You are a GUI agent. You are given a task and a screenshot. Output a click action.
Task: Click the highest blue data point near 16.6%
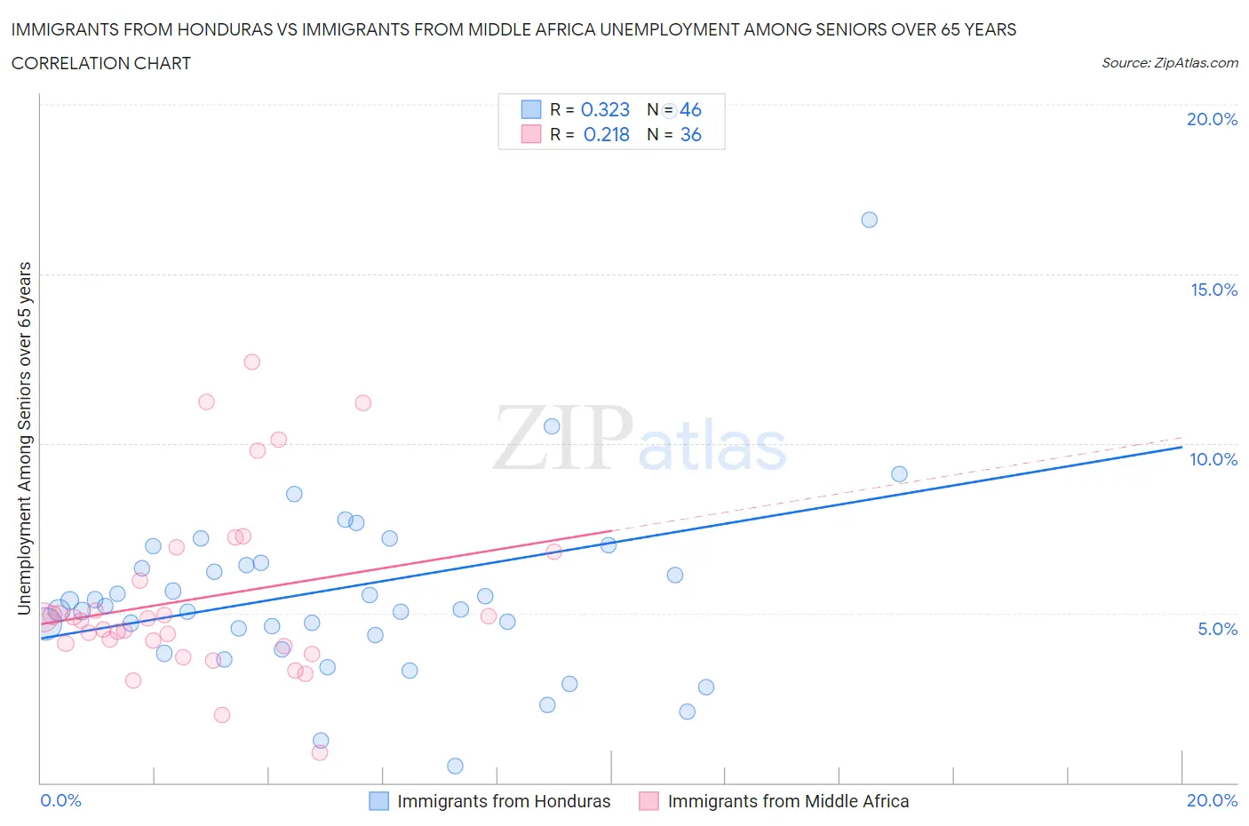click(x=869, y=219)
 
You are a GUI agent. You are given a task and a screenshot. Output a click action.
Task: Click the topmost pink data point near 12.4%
click(x=251, y=361)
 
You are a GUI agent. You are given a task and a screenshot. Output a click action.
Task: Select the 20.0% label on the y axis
click(x=1212, y=119)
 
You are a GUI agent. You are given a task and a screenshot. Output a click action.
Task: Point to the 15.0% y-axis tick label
click(x=1213, y=290)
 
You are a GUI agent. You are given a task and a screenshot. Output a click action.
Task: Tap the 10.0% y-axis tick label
click(x=1213, y=459)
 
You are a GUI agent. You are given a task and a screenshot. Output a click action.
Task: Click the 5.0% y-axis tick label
click(x=1217, y=629)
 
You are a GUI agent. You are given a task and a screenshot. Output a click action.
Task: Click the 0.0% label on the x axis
click(x=60, y=800)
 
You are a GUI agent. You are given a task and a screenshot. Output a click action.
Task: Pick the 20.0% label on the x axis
click(x=1212, y=800)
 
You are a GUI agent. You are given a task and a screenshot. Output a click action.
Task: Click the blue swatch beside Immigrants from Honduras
click(x=378, y=801)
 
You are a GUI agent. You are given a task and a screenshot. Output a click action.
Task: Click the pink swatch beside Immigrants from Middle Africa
click(x=648, y=801)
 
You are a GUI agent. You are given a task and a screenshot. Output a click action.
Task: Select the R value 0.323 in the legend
click(x=605, y=109)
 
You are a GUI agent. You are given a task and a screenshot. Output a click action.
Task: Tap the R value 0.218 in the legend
click(x=606, y=134)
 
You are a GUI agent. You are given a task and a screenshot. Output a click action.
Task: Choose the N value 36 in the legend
click(x=690, y=134)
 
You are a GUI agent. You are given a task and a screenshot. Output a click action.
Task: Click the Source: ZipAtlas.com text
click(x=1169, y=62)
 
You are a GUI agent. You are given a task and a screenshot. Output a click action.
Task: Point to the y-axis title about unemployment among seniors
click(x=24, y=438)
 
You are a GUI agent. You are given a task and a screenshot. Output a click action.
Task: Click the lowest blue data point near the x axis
click(x=455, y=766)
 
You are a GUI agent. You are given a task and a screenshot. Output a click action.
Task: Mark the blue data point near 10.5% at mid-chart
click(x=552, y=426)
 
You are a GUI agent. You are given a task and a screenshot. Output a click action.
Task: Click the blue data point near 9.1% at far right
click(x=899, y=474)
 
